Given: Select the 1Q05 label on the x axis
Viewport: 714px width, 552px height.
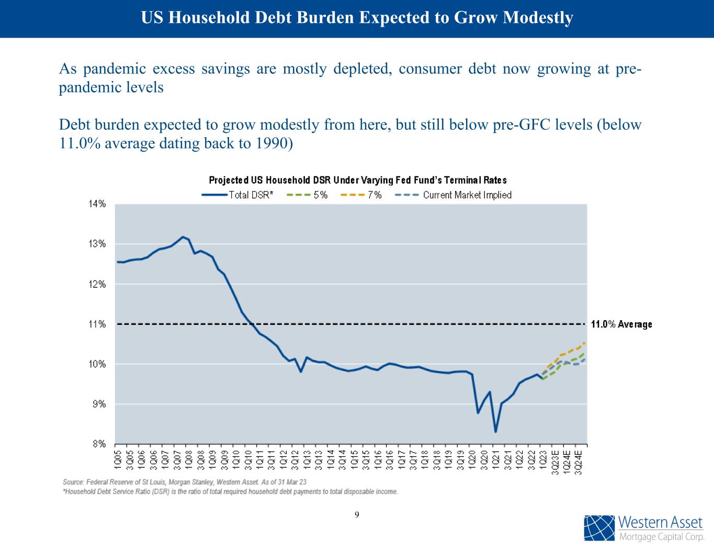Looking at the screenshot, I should pyautogui.click(x=118, y=458).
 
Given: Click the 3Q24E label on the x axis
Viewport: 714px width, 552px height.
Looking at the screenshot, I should pyautogui.click(x=579, y=460).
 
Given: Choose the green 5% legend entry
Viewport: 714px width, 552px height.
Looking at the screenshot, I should pyautogui.click(x=308, y=195).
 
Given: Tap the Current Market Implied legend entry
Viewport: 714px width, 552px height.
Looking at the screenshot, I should pyautogui.click(x=453, y=195).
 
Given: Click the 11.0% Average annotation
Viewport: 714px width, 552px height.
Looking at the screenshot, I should pyautogui.click(x=621, y=324).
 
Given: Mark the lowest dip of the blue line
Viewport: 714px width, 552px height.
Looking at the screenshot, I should pyautogui.click(x=495, y=432).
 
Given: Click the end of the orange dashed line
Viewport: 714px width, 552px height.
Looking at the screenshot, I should pyautogui.click(x=584, y=343).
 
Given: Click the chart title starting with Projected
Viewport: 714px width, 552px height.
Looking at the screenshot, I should pyautogui.click(x=358, y=180).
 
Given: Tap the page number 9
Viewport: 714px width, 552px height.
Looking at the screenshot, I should pyautogui.click(x=357, y=515).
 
